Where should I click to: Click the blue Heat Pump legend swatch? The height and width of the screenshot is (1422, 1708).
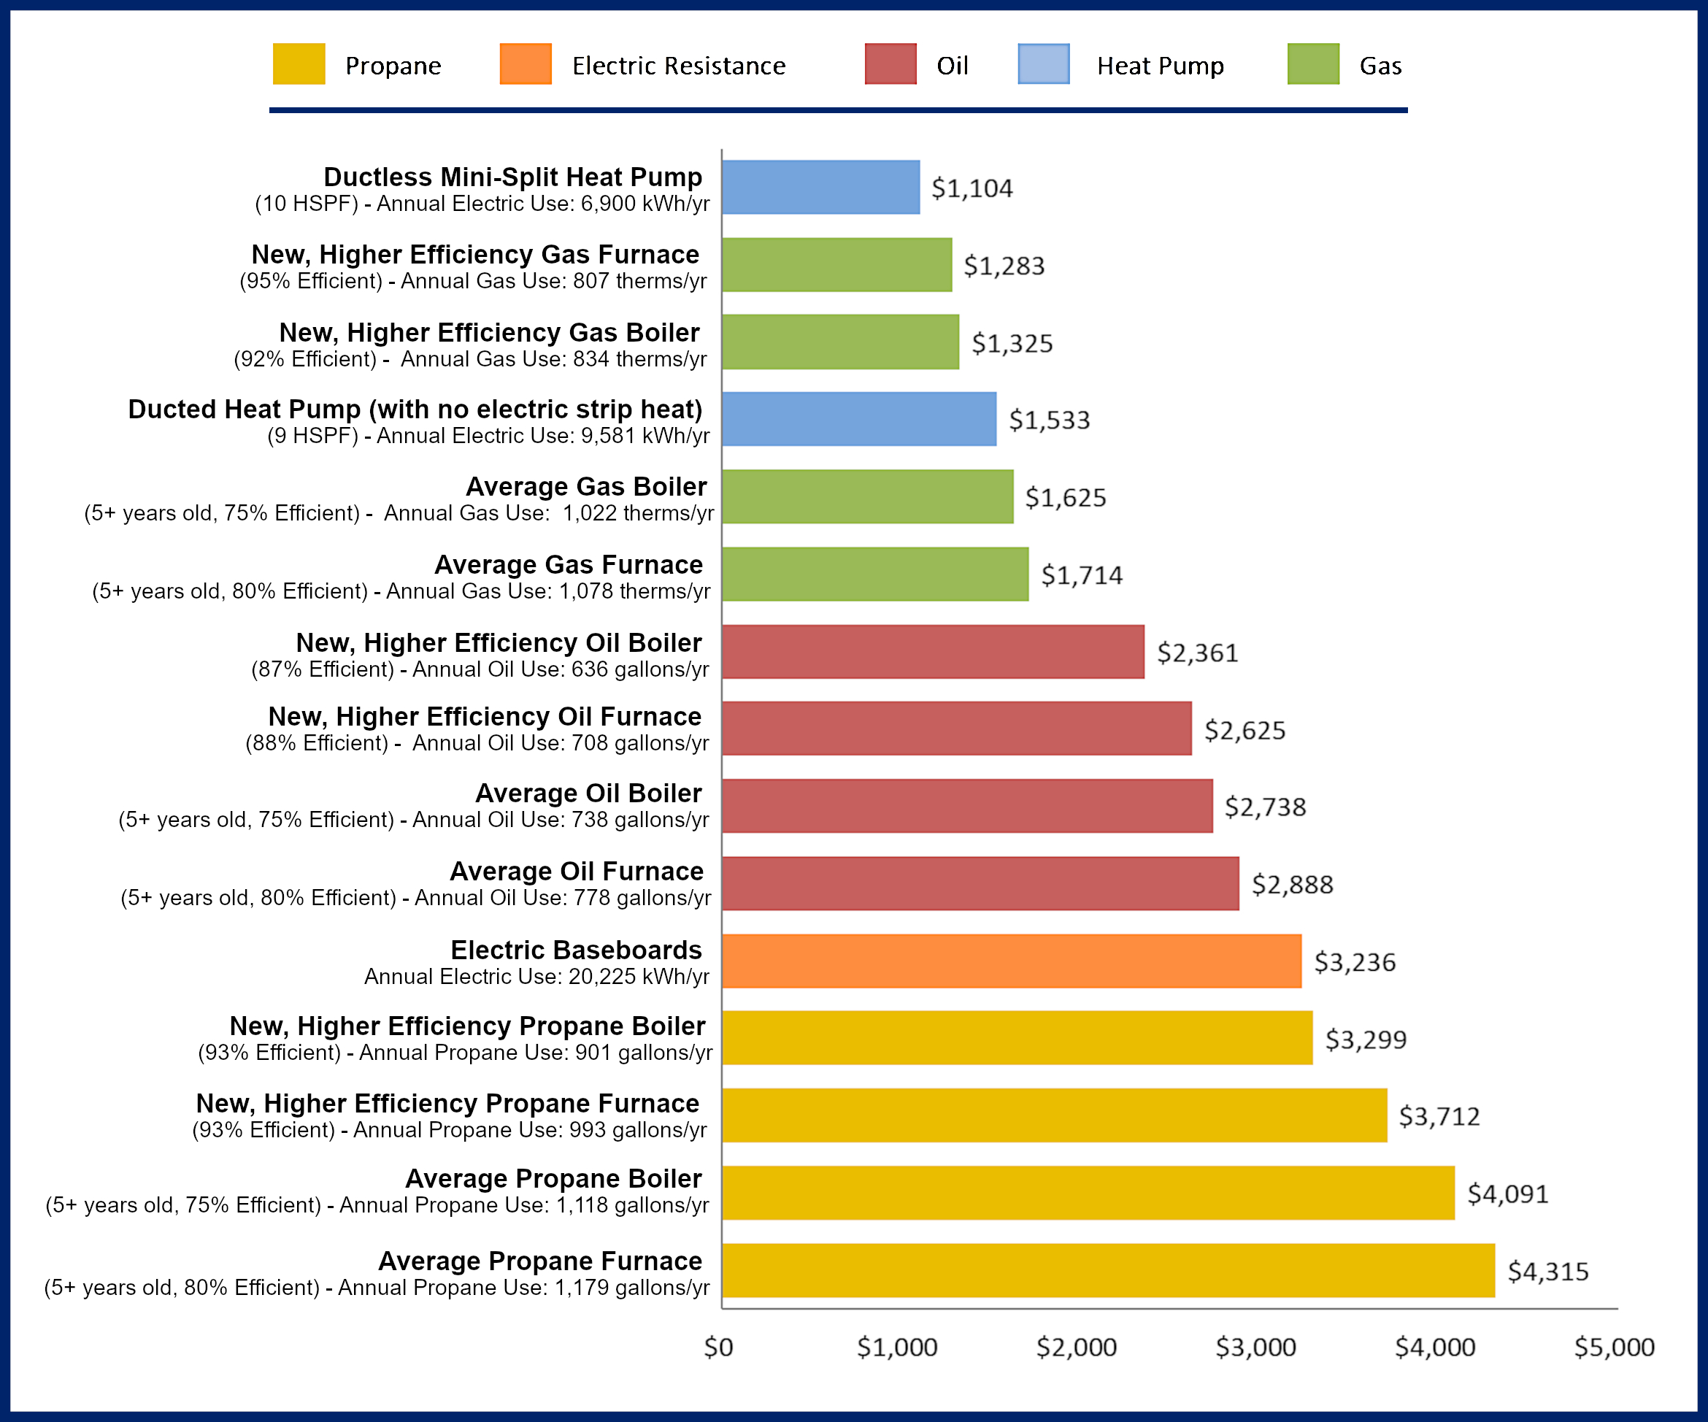[x=1044, y=64]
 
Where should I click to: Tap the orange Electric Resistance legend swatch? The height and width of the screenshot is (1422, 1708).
[x=526, y=64]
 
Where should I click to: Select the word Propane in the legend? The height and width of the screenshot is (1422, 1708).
[x=393, y=66]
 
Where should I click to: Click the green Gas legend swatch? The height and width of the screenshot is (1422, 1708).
[x=1312, y=64]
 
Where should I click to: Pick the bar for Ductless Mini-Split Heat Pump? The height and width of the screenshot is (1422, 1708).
[x=820, y=187]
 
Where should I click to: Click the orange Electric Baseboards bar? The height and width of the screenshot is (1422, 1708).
[x=1011, y=961]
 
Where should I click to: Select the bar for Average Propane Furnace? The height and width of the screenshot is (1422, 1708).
[x=1108, y=1270]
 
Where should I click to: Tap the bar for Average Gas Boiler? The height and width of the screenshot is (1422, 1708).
[x=867, y=496]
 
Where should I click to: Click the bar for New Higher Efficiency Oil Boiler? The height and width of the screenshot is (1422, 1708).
[x=933, y=652]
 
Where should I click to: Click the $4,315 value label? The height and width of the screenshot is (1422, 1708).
[x=1547, y=1272]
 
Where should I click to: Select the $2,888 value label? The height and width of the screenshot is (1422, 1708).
[x=1293, y=884]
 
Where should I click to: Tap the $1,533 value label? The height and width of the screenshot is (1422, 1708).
[x=1049, y=420]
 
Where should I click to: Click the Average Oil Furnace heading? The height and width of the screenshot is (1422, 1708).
[x=577, y=872]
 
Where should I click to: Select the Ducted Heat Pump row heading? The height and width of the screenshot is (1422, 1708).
[x=415, y=410]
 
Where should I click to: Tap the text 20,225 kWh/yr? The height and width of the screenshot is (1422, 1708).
[x=639, y=976]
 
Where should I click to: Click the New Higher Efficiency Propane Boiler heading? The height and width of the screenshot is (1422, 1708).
[x=468, y=1026]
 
